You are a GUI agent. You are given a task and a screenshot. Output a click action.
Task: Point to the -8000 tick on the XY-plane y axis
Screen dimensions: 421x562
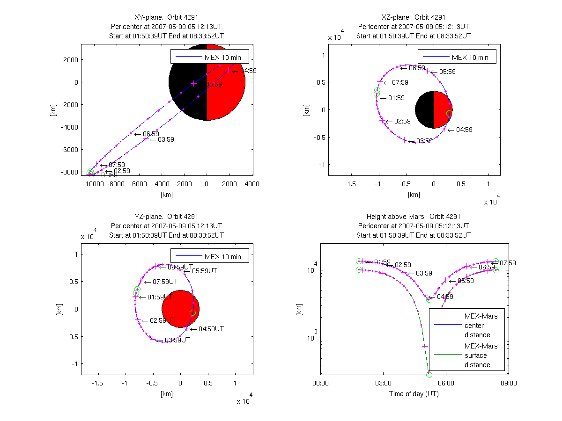tap(69, 172)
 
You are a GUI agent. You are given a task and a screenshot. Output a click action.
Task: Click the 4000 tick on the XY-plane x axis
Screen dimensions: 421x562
tap(252, 184)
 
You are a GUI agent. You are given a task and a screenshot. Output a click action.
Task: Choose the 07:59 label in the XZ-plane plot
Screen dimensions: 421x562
tap(399, 82)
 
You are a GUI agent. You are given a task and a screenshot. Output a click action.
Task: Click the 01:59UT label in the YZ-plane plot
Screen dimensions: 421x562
tap(159, 297)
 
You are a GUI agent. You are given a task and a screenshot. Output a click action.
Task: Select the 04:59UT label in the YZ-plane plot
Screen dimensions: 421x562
tap(211, 329)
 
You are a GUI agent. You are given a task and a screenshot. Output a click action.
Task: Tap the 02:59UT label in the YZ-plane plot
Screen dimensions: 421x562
tap(162, 321)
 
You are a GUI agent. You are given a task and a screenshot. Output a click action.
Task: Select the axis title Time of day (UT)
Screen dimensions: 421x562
tap(414, 394)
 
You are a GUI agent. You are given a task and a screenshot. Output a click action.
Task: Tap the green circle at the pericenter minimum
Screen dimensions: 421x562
tap(429, 374)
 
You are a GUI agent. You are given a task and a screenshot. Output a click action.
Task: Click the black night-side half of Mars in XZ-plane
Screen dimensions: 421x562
tap(424, 110)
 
